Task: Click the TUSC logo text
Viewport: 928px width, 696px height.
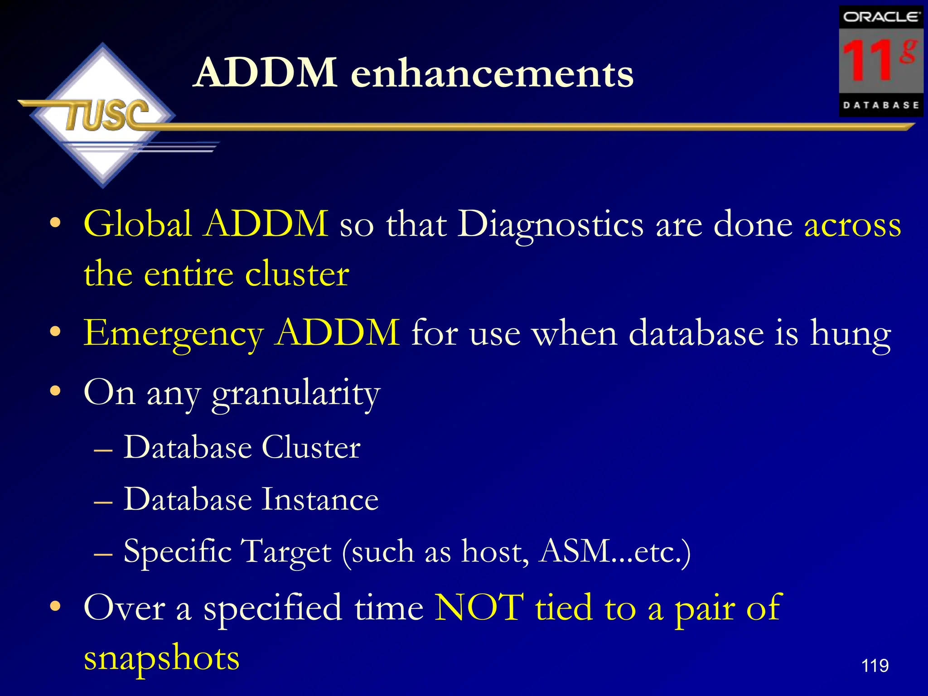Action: [107, 115]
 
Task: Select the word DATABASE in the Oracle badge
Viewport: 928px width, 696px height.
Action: [881, 106]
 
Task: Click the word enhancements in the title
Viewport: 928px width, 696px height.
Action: [492, 73]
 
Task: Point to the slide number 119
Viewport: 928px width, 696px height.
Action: [875, 666]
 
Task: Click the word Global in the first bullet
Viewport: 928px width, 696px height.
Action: [138, 224]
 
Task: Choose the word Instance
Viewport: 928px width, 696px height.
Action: [319, 499]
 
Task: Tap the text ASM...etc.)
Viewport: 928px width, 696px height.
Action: [615, 551]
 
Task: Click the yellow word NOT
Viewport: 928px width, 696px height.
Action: [479, 607]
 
